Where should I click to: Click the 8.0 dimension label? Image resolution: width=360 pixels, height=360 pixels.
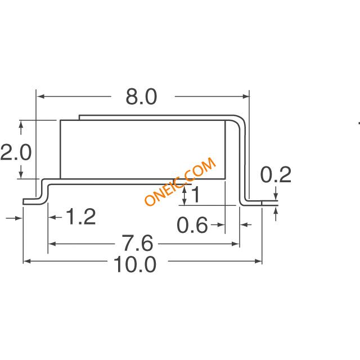141,97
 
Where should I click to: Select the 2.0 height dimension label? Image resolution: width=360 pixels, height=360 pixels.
16,152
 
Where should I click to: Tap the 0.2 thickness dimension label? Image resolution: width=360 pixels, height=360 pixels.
276,174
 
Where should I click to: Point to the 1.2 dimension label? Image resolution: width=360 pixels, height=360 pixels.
81,217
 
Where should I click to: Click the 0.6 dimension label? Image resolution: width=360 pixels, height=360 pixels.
192,225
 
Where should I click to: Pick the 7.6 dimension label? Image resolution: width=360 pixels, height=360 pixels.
137,242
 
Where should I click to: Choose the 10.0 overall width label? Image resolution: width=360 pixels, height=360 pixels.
135,264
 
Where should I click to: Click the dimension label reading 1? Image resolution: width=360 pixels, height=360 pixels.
196,194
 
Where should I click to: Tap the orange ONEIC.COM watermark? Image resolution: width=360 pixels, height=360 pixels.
181,181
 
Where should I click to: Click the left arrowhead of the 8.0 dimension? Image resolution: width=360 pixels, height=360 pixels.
40,96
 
